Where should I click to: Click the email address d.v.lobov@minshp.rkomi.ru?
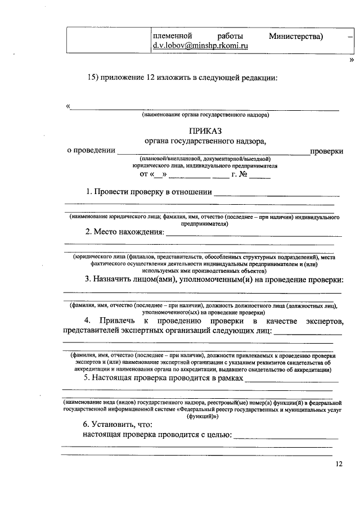(200, 47)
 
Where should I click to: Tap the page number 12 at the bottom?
(337, 464)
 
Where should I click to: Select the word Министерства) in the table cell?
(295, 37)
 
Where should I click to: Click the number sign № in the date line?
(242, 175)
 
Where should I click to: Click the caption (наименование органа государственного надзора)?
(205, 115)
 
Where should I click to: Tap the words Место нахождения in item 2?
(128, 232)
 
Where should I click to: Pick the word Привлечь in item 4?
(117, 321)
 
